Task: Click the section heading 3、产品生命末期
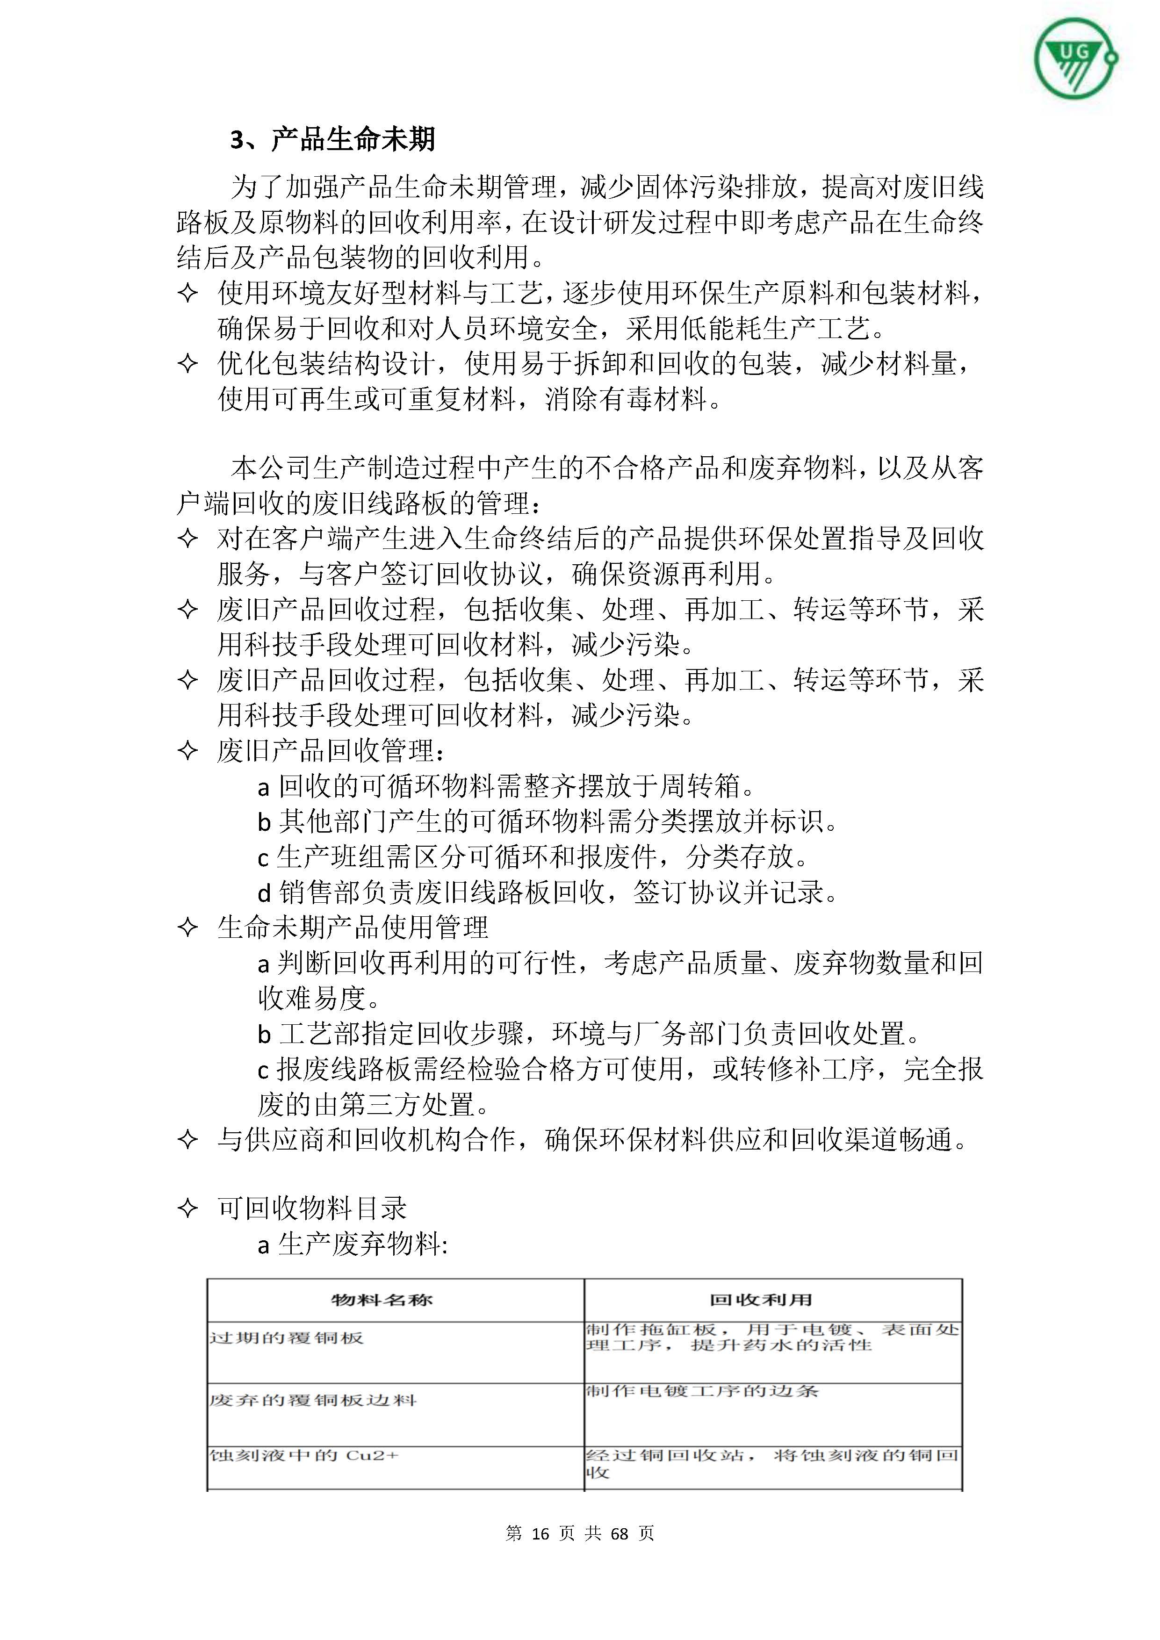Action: [x=332, y=139]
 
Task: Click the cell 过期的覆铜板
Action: [x=287, y=1338]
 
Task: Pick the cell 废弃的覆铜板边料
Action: [x=313, y=1400]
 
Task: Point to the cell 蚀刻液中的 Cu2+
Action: [x=303, y=1455]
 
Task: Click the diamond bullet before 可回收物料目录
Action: [x=187, y=1208]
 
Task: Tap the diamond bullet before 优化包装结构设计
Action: [x=187, y=364]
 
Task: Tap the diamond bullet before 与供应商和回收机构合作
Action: [x=187, y=1139]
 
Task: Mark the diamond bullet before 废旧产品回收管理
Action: [x=187, y=751]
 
